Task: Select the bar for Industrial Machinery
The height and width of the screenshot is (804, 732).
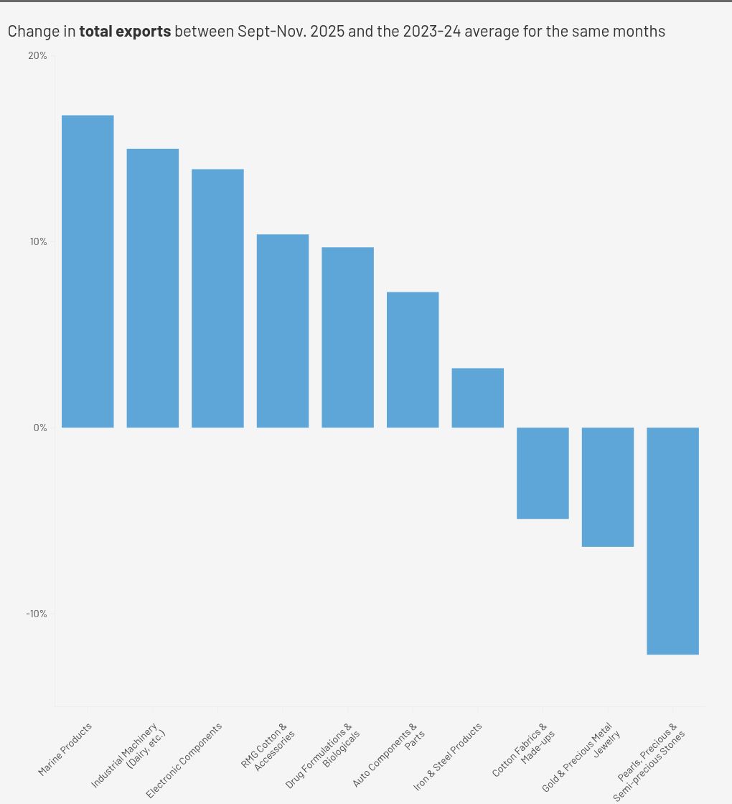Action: [x=153, y=288]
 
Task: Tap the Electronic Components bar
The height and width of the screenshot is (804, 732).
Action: [x=217, y=298]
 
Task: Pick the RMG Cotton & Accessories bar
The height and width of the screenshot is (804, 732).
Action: [x=283, y=331]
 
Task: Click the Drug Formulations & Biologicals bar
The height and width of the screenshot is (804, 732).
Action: [x=347, y=337]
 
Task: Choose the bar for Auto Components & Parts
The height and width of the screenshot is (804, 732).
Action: [x=413, y=359]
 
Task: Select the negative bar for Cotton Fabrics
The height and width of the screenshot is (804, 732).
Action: [x=543, y=473]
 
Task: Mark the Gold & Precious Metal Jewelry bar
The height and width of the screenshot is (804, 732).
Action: [x=608, y=487]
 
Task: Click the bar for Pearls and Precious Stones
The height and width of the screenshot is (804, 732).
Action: [x=672, y=540]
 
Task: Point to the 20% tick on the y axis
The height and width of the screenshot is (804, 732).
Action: [x=38, y=56]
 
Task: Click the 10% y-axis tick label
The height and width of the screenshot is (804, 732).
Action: [x=38, y=241]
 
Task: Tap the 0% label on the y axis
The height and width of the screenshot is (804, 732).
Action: [x=40, y=428]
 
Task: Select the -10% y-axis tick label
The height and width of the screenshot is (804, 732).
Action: [x=37, y=614]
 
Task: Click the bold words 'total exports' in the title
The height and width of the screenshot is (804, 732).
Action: [x=125, y=32]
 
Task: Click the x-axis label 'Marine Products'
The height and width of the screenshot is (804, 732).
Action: [x=65, y=749]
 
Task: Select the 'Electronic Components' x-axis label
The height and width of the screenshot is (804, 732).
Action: [x=184, y=759]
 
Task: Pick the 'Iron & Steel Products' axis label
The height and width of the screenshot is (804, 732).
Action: [x=448, y=756]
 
